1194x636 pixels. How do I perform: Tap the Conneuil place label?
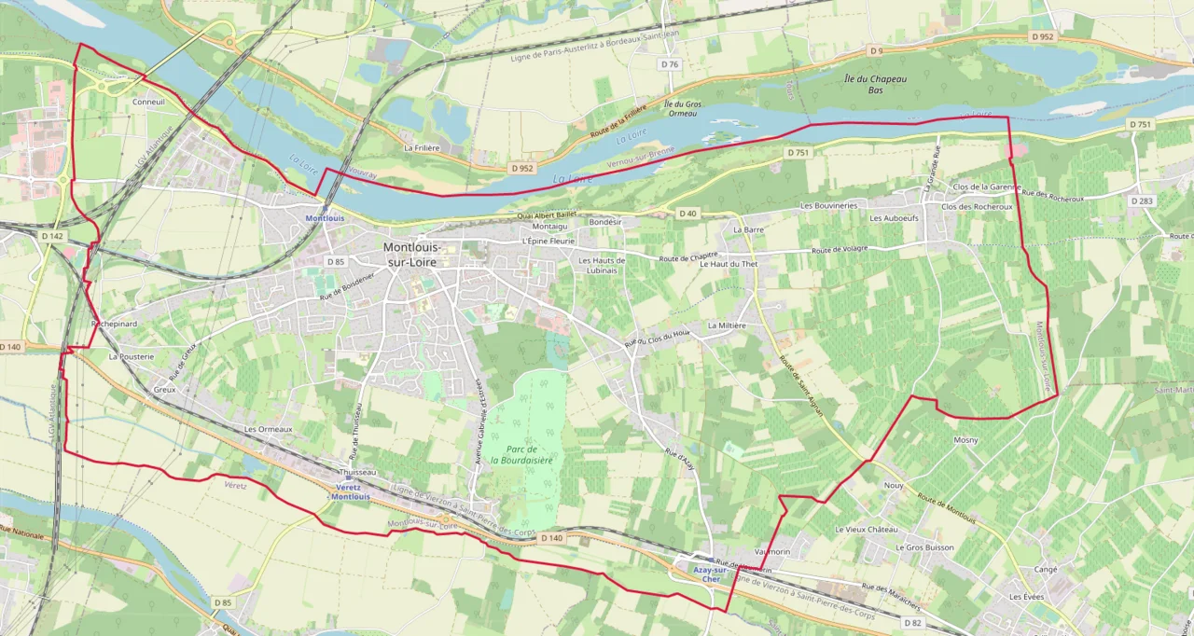pyautogui.click(x=148, y=102)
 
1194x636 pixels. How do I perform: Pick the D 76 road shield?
pyautogui.click(x=670, y=64)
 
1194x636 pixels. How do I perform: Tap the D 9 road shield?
pyautogui.click(x=874, y=50)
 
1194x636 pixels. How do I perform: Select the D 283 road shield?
pyautogui.click(x=1142, y=200)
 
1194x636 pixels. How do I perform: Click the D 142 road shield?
pyautogui.click(x=52, y=237)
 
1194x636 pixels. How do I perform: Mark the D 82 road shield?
pyautogui.click(x=912, y=622)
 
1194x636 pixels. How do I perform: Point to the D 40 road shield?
pyautogui.click(x=687, y=214)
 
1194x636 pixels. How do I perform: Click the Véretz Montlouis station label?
pyautogui.click(x=350, y=491)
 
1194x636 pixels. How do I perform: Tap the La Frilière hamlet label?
pyautogui.click(x=421, y=147)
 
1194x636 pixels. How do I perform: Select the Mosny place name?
pyautogui.click(x=965, y=439)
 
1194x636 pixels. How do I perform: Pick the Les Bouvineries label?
pyautogui.click(x=826, y=204)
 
